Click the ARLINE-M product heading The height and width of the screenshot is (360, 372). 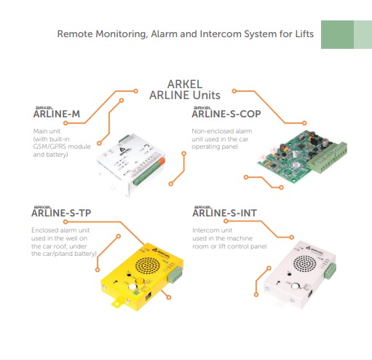point(57,114)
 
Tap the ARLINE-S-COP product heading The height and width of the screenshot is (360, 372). point(226,114)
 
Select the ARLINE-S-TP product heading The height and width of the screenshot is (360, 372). point(61,213)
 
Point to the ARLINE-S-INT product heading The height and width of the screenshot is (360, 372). point(224,213)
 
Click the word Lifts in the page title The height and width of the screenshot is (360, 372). point(304,34)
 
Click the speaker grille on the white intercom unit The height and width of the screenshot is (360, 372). point(305,263)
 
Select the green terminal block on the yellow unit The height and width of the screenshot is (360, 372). point(175,275)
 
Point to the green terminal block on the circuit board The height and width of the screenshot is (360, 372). point(328,158)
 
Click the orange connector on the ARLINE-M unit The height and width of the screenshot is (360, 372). point(162,160)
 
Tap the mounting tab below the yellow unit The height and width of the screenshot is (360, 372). point(117,302)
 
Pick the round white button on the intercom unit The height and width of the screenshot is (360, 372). point(296,286)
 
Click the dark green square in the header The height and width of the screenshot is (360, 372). point(337,34)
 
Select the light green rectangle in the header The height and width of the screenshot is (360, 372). point(363,34)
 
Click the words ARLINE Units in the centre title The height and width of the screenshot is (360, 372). point(185,95)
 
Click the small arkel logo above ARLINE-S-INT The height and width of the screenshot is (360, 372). point(203,207)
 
